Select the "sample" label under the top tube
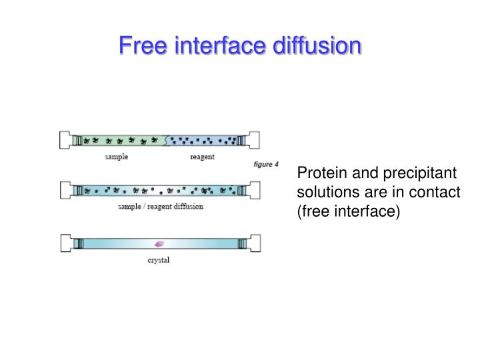click(116, 157)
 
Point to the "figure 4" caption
click(266, 165)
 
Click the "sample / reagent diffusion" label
click(160, 207)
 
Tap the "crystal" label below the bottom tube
click(158, 260)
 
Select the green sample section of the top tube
click(120, 140)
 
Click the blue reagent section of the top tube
click(203, 140)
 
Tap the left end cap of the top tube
click(66, 140)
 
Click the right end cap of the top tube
click(253, 140)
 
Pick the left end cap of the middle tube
click(66, 190)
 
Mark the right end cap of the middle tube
click(253, 190)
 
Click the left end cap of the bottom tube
click(66, 243)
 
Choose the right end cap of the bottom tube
click(253, 243)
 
